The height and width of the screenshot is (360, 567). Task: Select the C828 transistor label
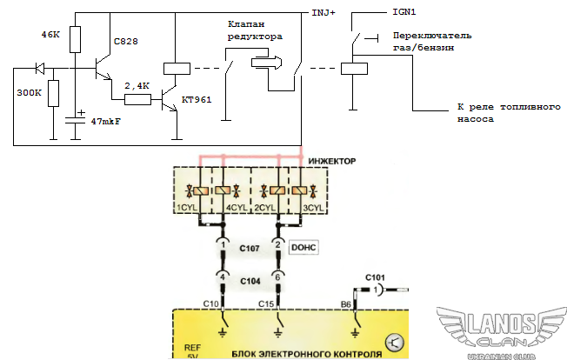(x=126, y=42)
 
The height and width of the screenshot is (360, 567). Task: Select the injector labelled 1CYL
(x=199, y=191)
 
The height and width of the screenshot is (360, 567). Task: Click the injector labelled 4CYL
(x=227, y=191)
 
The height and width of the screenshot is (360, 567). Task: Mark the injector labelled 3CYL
(x=300, y=191)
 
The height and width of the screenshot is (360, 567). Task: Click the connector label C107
(x=250, y=248)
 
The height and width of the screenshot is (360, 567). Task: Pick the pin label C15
(x=268, y=303)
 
